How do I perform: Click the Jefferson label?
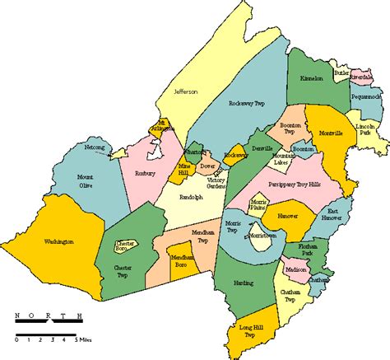click(185, 91)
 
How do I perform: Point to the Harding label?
click(242, 283)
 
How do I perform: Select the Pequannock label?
click(366, 97)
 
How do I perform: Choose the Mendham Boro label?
click(183, 260)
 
